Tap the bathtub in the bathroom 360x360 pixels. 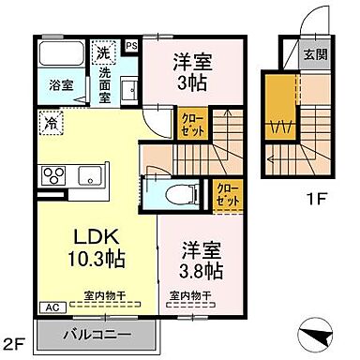click(63, 52)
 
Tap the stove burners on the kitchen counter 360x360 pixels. click(52, 174)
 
